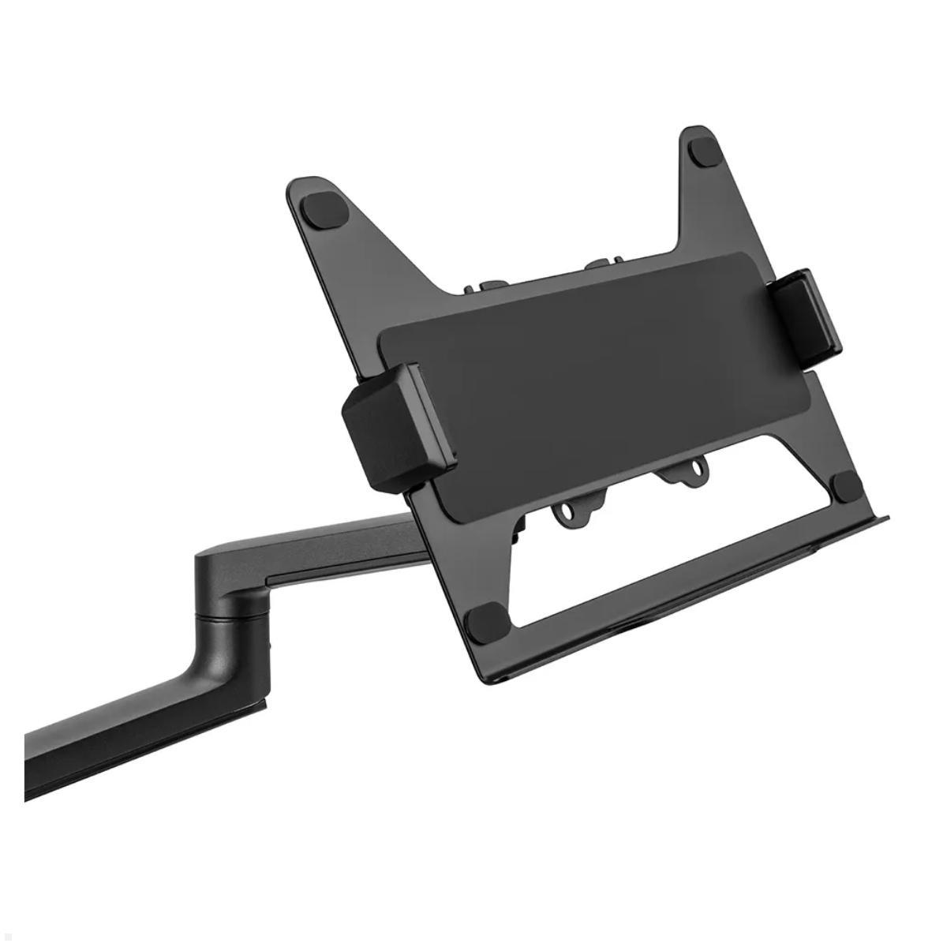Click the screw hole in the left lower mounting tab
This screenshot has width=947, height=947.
tap(574, 513)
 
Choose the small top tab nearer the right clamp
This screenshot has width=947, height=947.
tap(600, 265)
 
